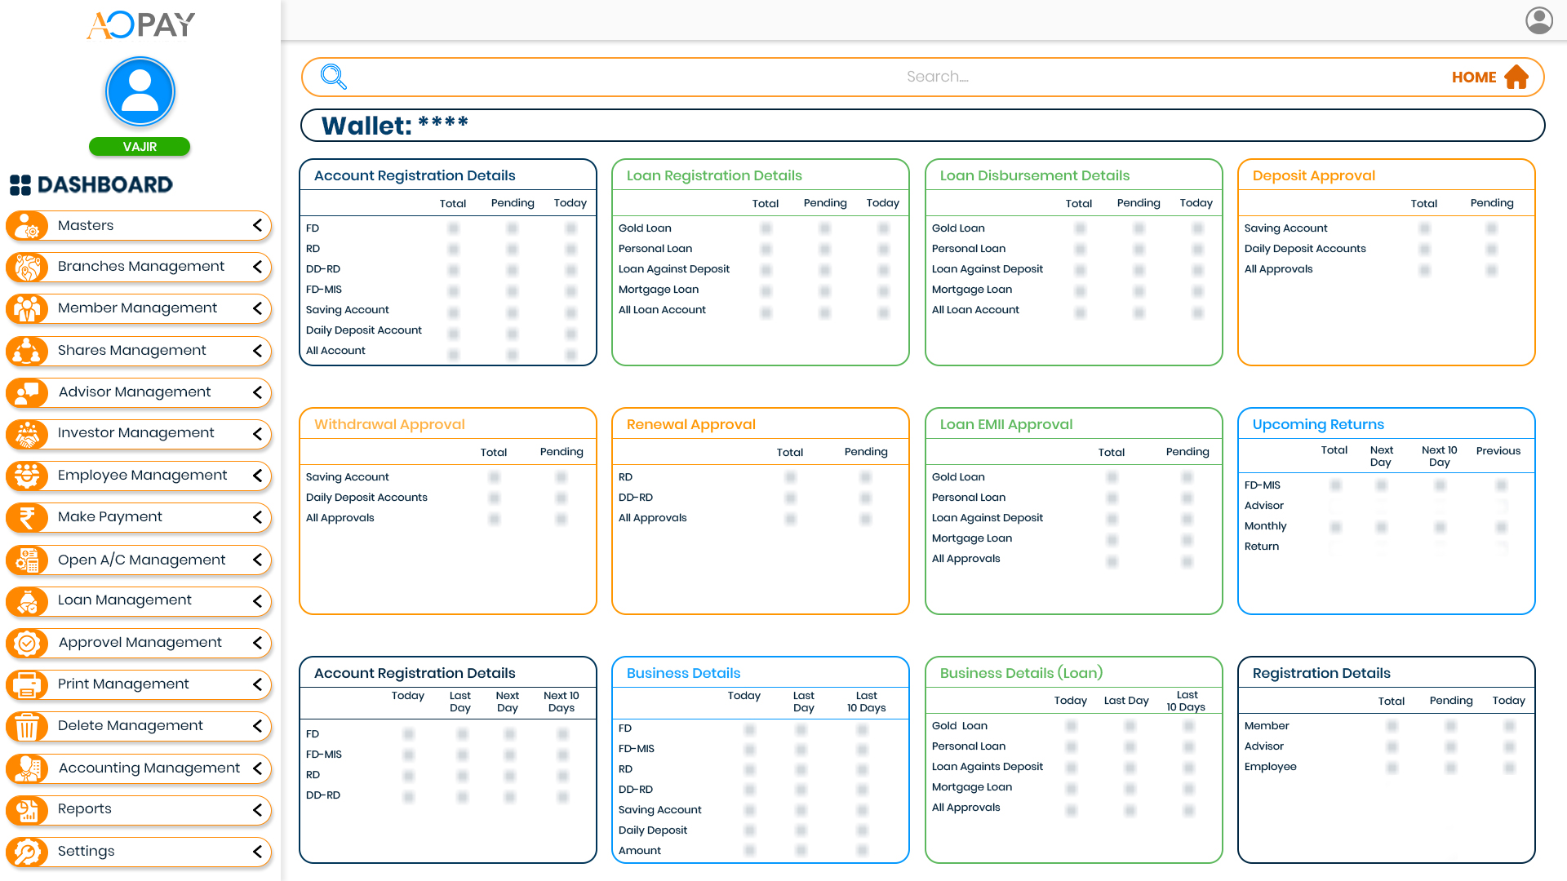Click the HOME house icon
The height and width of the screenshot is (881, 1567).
pos(1516,77)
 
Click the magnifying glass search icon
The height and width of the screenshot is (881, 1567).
pos(334,77)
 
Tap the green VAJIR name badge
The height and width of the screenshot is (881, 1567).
pos(140,147)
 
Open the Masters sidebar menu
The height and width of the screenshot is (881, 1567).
pos(86,226)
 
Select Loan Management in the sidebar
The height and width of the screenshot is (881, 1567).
pos(124,600)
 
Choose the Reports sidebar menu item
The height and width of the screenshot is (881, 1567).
pos(84,809)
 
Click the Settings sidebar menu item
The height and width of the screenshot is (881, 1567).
pos(86,852)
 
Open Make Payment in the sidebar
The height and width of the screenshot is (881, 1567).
pos(109,517)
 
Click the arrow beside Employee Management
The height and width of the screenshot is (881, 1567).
pos(258,476)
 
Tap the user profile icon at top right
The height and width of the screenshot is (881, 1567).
pos(1538,20)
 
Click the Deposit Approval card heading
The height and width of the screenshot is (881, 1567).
pos(1313,176)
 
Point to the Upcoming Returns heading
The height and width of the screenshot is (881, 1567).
pos(1318,425)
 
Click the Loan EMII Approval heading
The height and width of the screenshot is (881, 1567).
pos(1005,425)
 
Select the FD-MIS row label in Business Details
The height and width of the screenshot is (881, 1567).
pos(636,749)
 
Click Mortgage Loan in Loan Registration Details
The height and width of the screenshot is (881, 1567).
pos(658,290)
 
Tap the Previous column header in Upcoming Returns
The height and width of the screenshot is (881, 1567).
pos(1498,451)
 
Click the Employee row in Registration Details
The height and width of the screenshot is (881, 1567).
pos(1270,767)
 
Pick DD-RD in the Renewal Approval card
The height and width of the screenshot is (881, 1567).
pos(635,498)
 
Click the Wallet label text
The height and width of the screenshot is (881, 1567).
pos(366,126)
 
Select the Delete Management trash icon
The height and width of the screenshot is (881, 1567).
pos(27,726)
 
